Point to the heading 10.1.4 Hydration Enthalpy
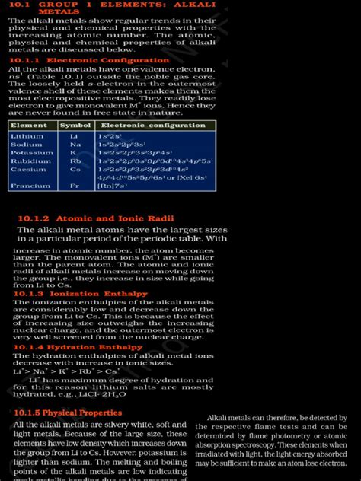click(78, 347)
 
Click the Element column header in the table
click(29, 125)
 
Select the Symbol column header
click(75, 125)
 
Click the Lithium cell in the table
click(27, 135)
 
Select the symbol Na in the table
click(75, 144)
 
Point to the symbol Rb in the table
click(75, 161)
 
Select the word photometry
click(311, 436)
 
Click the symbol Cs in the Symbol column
click(75, 170)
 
